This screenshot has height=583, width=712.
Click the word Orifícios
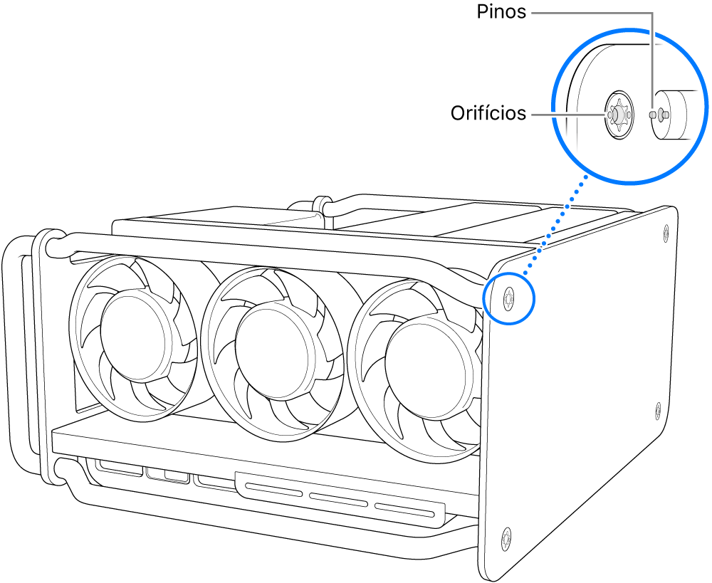(x=488, y=112)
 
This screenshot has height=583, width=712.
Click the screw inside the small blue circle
(x=508, y=298)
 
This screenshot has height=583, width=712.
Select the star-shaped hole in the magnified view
(x=617, y=113)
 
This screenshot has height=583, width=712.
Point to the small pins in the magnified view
(x=658, y=113)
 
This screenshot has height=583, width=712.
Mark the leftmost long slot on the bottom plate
(x=273, y=488)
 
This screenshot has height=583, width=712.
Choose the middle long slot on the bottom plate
(x=337, y=498)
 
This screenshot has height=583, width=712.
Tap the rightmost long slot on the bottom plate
(x=404, y=509)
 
